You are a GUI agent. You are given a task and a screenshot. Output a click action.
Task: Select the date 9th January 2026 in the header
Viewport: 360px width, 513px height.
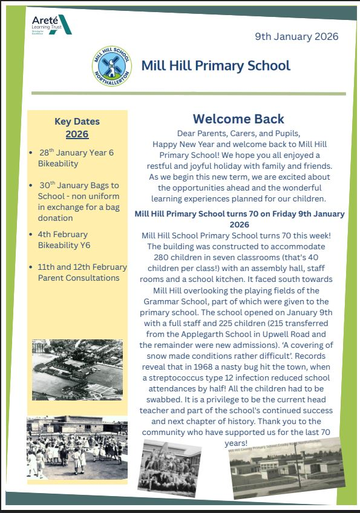click(x=296, y=36)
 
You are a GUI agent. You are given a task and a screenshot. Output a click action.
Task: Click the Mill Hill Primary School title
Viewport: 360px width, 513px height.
click(x=215, y=65)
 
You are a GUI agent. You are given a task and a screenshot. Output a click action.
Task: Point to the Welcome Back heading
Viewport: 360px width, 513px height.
click(x=238, y=119)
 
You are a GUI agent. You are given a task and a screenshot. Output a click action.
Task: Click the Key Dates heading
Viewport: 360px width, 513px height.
click(x=77, y=122)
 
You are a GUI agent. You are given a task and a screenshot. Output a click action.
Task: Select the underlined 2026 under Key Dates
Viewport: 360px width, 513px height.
click(x=77, y=134)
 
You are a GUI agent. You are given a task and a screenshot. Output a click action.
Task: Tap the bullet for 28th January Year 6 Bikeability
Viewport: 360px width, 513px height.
click(x=31, y=153)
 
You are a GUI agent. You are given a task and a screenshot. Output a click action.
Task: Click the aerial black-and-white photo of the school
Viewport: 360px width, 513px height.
click(x=77, y=369)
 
